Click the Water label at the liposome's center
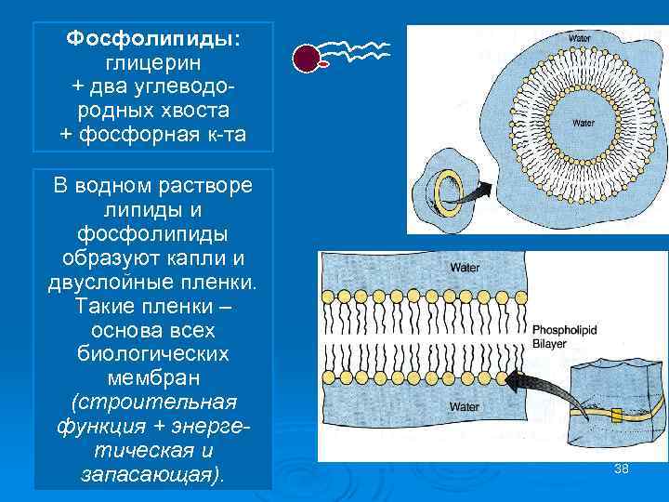583,122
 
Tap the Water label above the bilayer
464,268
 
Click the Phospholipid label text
562,329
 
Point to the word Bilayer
549,343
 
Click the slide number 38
622,469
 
